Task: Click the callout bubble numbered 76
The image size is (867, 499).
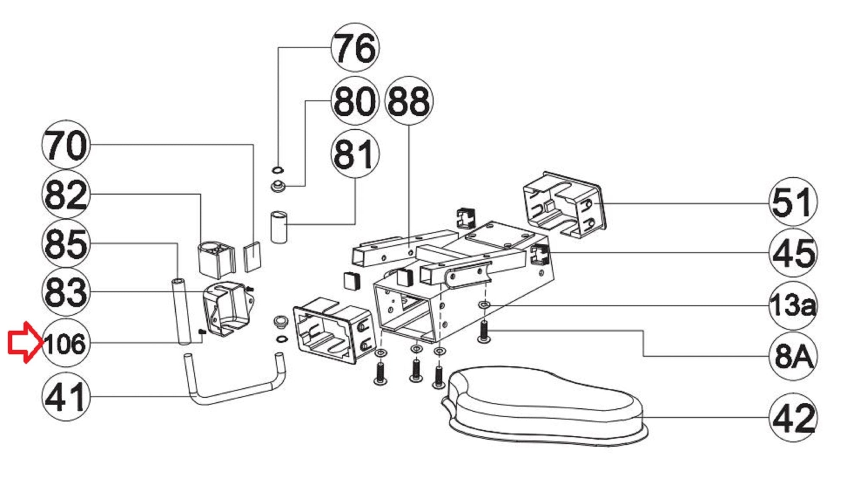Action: coord(355,47)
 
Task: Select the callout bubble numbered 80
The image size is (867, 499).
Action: coord(355,101)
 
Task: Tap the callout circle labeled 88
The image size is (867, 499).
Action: coord(409,101)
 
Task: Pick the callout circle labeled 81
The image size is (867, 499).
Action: coord(355,153)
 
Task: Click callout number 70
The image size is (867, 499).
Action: coord(66,145)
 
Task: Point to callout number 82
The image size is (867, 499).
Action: coord(66,195)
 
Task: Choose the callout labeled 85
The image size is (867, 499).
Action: coord(66,243)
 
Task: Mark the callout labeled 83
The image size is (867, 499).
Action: coord(66,292)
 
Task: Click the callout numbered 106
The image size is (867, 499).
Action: coord(66,343)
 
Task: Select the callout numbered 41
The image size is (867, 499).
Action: coord(66,397)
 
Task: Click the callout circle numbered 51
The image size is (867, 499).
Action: coord(793,202)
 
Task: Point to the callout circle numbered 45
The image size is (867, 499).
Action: coord(793,253)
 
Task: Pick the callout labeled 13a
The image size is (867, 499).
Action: coord(793,305)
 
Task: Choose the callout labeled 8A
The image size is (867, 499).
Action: coord(793,356)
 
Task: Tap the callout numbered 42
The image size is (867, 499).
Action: coord(793,418)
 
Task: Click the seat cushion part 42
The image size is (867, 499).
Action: coord(544,407)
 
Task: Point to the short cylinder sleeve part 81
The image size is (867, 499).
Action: coord(279,227)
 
